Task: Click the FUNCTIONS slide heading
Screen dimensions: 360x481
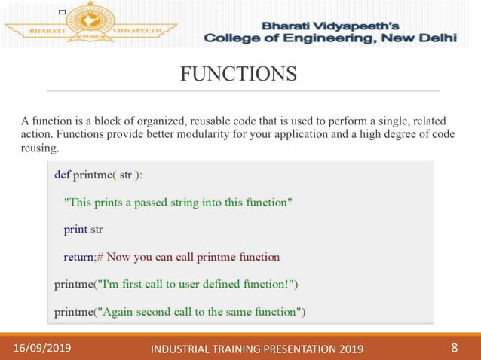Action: pyautogui.click(x=238, y=74)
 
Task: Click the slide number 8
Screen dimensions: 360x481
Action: pyautogui.click(x=454, y=347)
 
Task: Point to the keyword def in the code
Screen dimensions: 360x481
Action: pyautogui.click(x=63, y=174)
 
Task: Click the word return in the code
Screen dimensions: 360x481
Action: pyautogui.click(x=78, y=257)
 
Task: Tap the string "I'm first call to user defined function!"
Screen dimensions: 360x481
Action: pyautogui.click(x=198, y=284)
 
